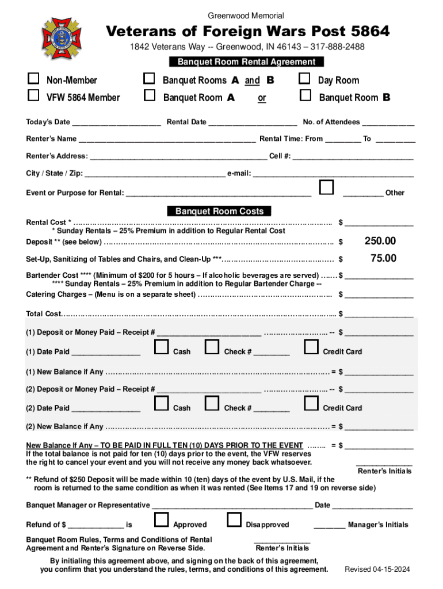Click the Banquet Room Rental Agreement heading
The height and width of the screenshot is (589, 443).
(246, 62)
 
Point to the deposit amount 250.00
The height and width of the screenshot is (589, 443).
(380, 241)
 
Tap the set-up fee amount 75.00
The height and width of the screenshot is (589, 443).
(383, 258)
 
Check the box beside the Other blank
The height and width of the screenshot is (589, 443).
(326, 188)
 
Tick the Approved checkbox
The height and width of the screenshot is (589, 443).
(162, 520)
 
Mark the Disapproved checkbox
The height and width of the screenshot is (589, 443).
(234, 520)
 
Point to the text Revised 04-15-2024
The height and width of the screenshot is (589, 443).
(377, 569)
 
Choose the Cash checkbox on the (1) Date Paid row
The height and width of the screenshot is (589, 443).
(162, 347)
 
